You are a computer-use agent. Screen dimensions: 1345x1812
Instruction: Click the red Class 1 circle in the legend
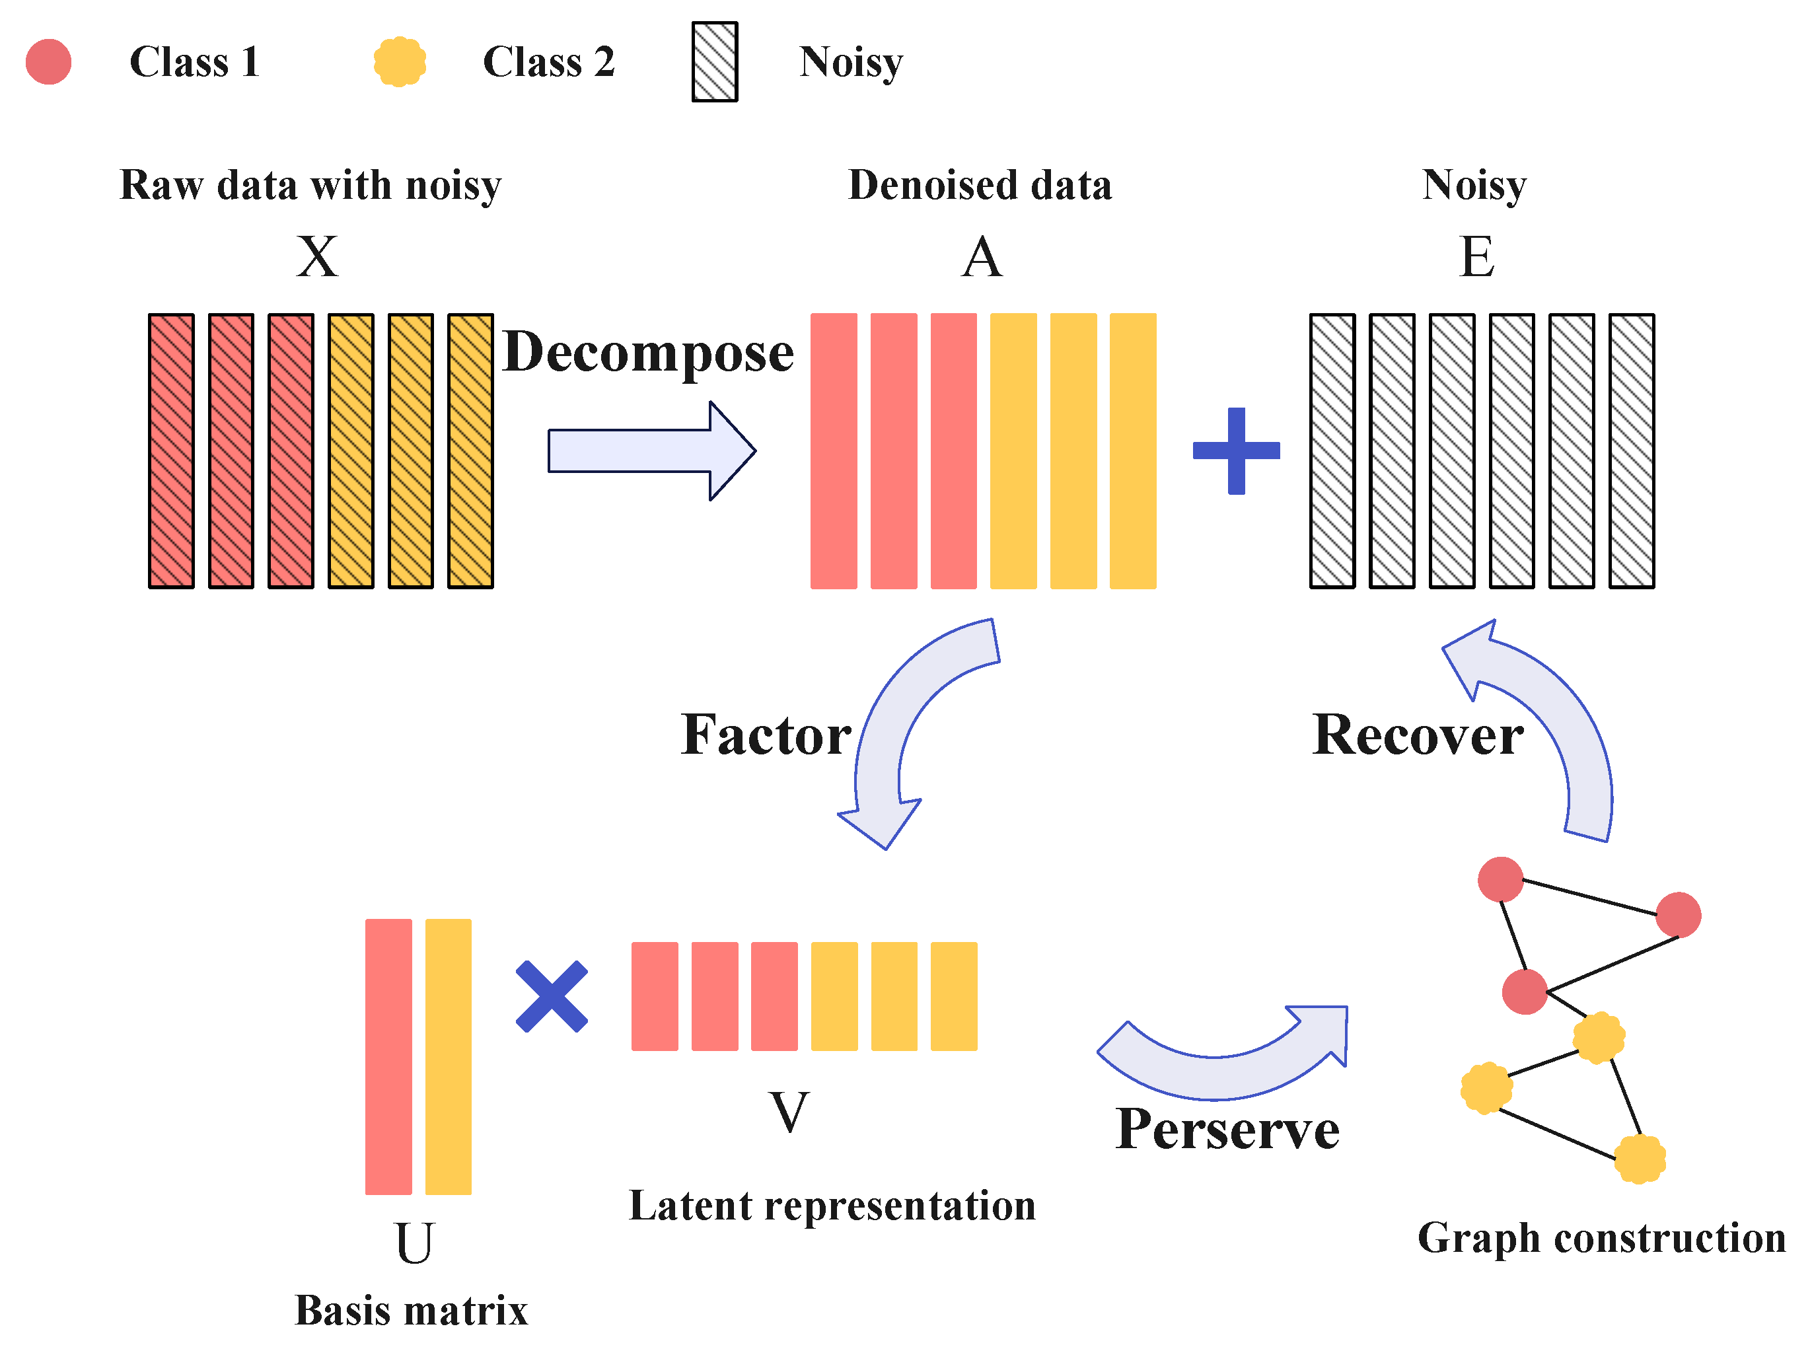(48, 62)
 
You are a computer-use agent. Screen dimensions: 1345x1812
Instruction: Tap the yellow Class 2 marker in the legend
(400, 62)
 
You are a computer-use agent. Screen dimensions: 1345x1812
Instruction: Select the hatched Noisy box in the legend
(714, 62)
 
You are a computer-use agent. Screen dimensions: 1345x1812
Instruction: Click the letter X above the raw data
(316, 257)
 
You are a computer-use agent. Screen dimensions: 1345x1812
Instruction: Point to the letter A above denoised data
(982, 257)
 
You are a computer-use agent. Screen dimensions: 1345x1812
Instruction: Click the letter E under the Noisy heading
(1476, 257)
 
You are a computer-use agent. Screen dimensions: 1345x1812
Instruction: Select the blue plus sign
(1236, 451)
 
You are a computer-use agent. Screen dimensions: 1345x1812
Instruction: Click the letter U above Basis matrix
(414, 1243)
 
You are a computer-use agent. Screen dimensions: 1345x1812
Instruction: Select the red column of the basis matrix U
(388, 1057)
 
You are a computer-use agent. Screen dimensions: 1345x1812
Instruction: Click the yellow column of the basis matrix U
(449, 1057)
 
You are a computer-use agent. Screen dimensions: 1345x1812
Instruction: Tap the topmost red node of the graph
(1500, 879)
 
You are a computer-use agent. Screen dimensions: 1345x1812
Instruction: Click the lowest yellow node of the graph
(1640, 1159)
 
